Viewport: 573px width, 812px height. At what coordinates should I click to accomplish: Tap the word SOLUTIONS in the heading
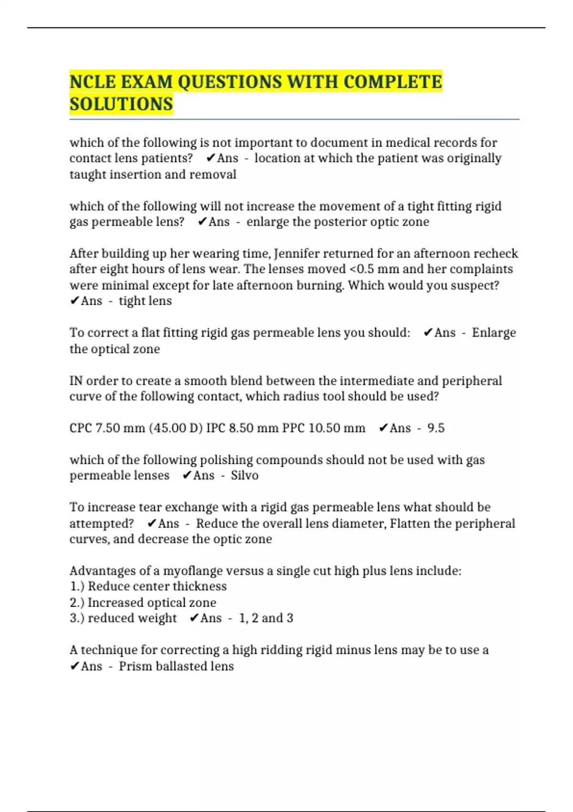coord(121,105)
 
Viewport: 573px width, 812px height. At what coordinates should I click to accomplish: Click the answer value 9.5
coord(435,428)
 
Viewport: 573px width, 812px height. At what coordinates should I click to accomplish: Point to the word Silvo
coord(244,475)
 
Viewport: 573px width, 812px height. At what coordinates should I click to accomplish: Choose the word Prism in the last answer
coord(135,666)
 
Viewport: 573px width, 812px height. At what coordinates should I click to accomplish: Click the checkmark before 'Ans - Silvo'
coord(187,475)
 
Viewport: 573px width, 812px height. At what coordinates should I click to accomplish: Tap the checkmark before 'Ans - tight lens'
coord(74,301)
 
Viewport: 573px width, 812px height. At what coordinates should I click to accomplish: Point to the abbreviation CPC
coord(81,428)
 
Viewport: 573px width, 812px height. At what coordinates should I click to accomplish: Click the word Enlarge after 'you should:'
coord(494,332)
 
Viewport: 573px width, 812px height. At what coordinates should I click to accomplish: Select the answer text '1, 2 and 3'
coord(266,618)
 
